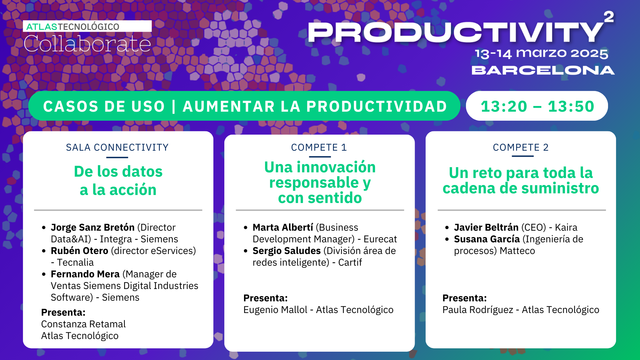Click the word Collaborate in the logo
click(x=87, y=44)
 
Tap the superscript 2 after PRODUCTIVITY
click(x=609, y=17)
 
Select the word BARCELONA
click(x=543, y=70)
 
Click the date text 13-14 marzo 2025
click(x=541, y=53)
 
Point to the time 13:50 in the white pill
click(x=571, y=106)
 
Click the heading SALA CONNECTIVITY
click(x=117, y=147)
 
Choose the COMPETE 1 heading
click(x=319, y=147)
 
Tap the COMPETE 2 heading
click(x=521, y=147)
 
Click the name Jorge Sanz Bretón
click(x=93, y=227)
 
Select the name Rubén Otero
click(x=79, y=251)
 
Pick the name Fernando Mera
click(x=85, y=274)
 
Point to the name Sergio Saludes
click(x=286, y=251)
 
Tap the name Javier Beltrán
click(x=486, y=227)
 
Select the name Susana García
click(x=487, y=239)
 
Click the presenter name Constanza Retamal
click(x=83, y=324)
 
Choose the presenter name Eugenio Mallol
click(x=275, y=310)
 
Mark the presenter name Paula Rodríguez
click(x=478, y=310)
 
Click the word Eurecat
click(x=380, y=239)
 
